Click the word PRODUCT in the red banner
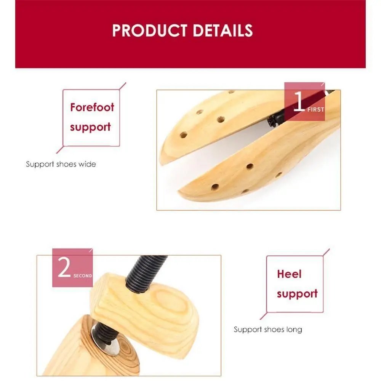(x=150, y=30)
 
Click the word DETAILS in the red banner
(x=223, y=30)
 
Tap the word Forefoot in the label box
(x=92, y=107)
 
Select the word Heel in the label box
(x=289, y=274)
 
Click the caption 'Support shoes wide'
(x=61, y=164)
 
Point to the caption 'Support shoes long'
(x=268, y=329)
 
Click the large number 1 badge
(x=299, y=102)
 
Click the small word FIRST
(x=315, y=109)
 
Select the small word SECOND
(x=83, y=275)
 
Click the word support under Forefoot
(x=90, y=127)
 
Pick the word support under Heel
(x=297, y=294)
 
